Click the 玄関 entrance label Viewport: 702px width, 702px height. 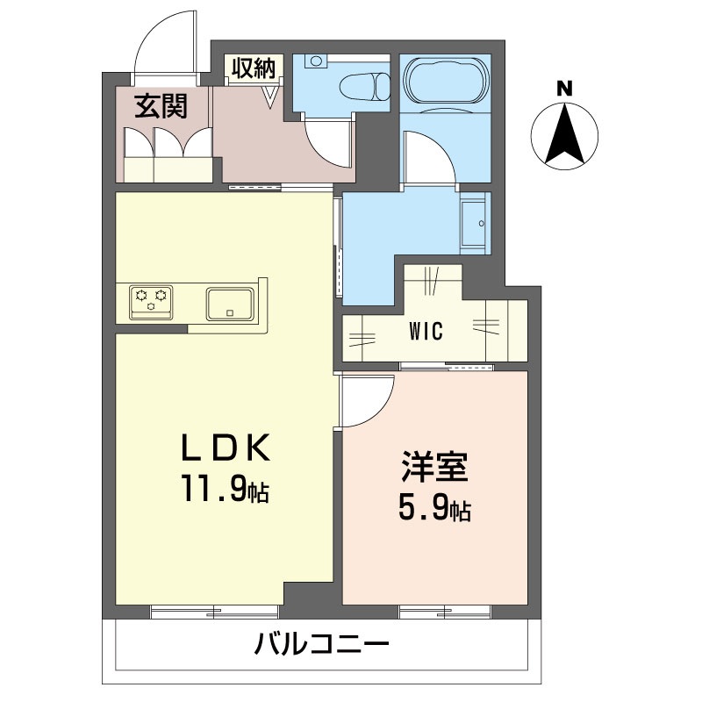161,106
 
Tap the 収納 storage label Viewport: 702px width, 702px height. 254,68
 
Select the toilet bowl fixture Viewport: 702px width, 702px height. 365,87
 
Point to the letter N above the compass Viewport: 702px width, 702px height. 564,89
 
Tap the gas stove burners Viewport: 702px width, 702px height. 151,303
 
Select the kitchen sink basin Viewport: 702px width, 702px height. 230,304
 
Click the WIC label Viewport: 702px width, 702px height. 426,331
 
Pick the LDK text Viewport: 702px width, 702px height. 226,448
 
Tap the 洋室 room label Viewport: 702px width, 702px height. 434,466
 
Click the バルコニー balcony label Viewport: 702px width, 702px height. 322,644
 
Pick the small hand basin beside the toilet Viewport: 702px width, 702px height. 317,60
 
